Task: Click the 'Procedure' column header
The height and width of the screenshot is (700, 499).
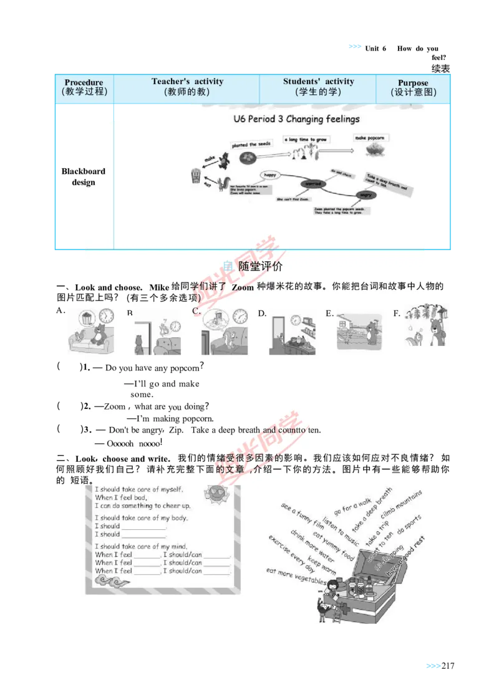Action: click(84, 87)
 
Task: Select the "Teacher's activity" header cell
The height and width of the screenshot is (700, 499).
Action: click(187, 87)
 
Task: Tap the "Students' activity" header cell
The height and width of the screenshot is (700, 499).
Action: click(318, 87)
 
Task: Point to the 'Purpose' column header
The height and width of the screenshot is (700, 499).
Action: click(413, 87)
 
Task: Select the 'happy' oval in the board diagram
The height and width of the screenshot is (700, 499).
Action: click(269, 175)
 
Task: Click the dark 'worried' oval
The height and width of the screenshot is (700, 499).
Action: click(312, 184)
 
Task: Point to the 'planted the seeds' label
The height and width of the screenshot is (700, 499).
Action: click(251, 145)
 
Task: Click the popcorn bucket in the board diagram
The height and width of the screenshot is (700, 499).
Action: click(196, 177)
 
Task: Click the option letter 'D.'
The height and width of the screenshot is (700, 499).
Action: click(263, 314)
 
